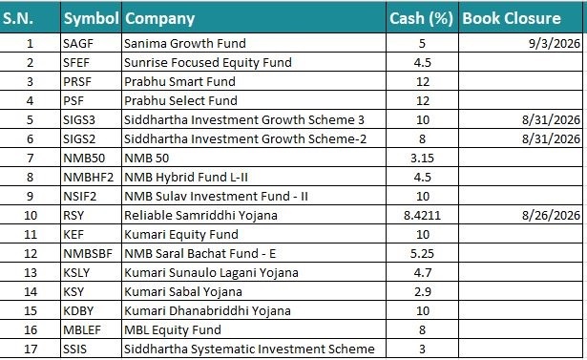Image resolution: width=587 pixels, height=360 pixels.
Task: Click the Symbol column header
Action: pyautogui.click(x=91, y=18)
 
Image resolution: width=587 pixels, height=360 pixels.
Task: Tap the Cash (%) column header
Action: pyautogui.click(x=421, y=18)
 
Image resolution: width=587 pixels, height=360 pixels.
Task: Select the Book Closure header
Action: pyautogui.click(x=512, y=18)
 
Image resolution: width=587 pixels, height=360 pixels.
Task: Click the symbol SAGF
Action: pyautogui.click(x=78, y=44)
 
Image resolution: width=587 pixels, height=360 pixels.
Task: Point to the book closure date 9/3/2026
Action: pyautogui.click(x=554, y=44)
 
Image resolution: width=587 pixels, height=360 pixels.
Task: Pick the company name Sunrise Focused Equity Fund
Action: pyautogui.click(x=208, y=63)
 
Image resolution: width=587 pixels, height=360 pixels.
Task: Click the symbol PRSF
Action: pyautogui.click(x=77, y=82)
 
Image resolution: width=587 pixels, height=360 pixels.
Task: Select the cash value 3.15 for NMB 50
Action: pyautogui.click(x=422, y=159)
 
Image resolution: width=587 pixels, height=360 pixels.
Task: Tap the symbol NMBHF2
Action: pyautogui.click(x=89, y=178)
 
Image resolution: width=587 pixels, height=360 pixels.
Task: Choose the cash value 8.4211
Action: pyautogui.click(x=422, y=216)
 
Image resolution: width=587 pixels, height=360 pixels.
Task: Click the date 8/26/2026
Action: pyautogui.click(x=551, y=216)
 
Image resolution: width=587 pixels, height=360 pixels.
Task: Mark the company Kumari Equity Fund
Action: pyautogui.click(x=181, y=235)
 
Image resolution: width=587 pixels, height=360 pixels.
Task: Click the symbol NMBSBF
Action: pyautogui.click(x=88, y=254)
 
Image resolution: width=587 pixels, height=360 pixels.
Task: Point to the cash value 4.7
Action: pyautogui.click(x=423, y=273)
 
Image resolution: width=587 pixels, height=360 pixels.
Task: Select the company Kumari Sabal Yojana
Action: pyautogui.click(x=183, y=292)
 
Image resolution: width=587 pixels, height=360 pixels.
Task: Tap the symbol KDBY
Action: pyautogui.click(x=78, y=311)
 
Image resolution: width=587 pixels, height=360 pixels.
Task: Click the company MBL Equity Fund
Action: pyautogui.click(x=173, y=330)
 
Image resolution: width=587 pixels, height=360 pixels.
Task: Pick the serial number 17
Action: pyautogui.click(x=31, y=349)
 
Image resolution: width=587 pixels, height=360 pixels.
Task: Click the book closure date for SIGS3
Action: pyautogui.click(x=551, y=120)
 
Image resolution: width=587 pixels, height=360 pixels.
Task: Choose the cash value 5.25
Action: pyautogui.click(x=422, y=254)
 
